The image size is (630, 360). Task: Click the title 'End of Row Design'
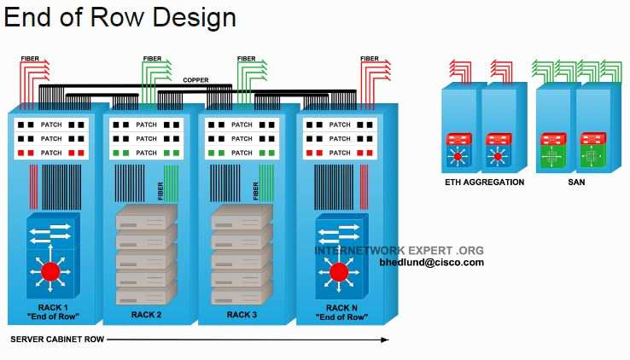(120, 18)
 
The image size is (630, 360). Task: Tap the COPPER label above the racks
(195, 80)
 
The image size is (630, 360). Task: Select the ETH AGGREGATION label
(485, 183)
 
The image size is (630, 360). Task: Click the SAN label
(576, 183)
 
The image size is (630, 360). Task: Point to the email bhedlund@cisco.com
(431, 263)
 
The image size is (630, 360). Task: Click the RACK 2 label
(146, 315)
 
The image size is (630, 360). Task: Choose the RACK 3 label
(242, 315)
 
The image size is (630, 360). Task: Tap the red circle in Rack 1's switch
(50, 271)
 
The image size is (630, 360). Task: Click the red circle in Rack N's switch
(339, 272)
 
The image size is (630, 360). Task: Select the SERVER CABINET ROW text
(57, 340)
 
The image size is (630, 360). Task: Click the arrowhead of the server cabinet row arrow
(385, 340)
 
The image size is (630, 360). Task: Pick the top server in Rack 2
(146, 217)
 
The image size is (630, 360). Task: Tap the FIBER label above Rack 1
(30, 59)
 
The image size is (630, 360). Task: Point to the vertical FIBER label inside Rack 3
(256, 191)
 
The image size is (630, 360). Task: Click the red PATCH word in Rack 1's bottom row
(51, 153)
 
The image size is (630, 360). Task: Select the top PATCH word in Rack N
(340, 125)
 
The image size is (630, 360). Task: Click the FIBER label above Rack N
(370, 59)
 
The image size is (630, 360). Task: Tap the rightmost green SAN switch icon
(592, 150)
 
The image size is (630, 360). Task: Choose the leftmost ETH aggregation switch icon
(458, 150)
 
